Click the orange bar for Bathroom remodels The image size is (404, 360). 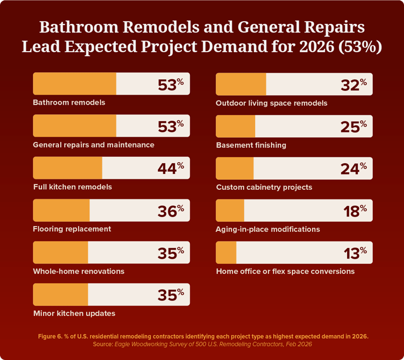[x=74, y=83]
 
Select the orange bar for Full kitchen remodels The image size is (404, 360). [x=68, y=168]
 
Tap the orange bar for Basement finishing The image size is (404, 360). [x=235, y=126]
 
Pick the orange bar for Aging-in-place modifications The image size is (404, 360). [x=230, y=211]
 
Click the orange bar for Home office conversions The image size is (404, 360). [x=226, y=253]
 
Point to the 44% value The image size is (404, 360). [x=170, y=168]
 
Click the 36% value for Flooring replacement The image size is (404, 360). [x=170, y=211]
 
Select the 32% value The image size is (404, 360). [x=353, y=84]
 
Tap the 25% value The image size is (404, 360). [x=353, y=126]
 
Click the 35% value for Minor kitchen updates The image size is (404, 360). [x=170, y=295]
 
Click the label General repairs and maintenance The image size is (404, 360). [x=94, y=145]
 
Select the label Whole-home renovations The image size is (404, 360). [x=79, y=271]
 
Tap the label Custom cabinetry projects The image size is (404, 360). [x=264, y=187]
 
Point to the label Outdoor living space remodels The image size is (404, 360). [x=272, y=103]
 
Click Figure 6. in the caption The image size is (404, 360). [x=50, y=336]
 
